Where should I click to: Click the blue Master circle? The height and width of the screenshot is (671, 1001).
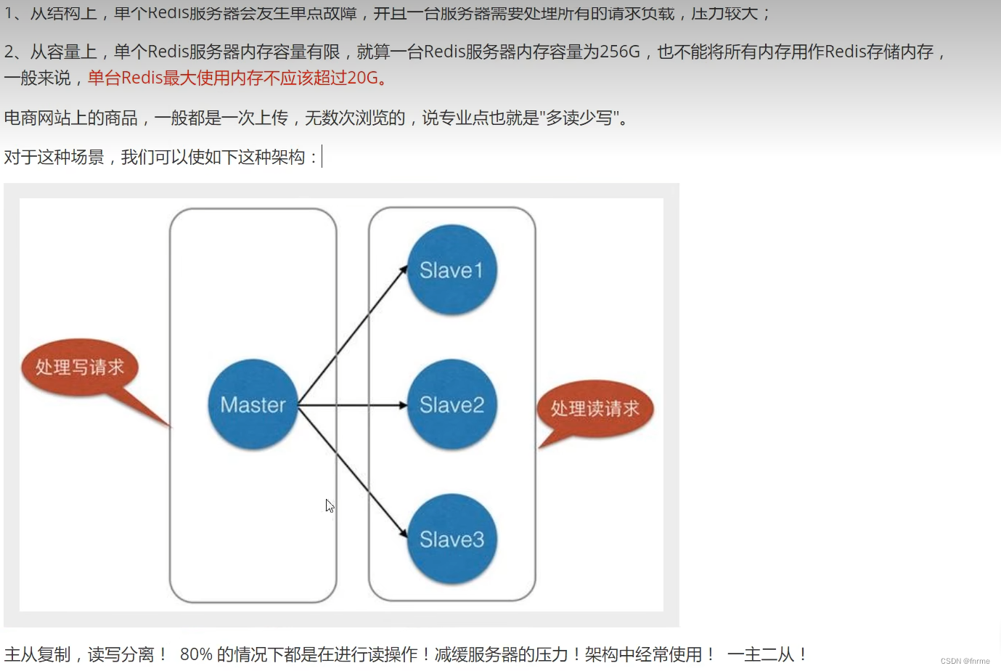[x=253, y=404]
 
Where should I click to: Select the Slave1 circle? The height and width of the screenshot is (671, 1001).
[x=452, y=270]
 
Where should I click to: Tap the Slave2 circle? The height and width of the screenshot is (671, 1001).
[x=452, y=404]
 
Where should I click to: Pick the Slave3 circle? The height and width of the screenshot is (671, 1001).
[x=452, y=539]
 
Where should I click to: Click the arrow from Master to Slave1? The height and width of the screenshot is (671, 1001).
[x=353, y=335]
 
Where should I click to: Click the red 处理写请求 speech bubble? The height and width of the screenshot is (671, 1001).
[x=80, y=367]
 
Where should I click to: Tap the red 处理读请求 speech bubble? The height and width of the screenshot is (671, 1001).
[x=595, y=409]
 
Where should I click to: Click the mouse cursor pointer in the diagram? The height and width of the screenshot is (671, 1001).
[x=330, y=505]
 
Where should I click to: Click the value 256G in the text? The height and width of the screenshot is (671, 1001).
[x=620, y=52]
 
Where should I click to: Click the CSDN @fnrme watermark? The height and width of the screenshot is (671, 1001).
[x=965, y=661]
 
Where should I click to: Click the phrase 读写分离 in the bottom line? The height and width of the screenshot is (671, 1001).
[x=121, y=654]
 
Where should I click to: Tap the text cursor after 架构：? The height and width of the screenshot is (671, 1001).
[x=322, y=156]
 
